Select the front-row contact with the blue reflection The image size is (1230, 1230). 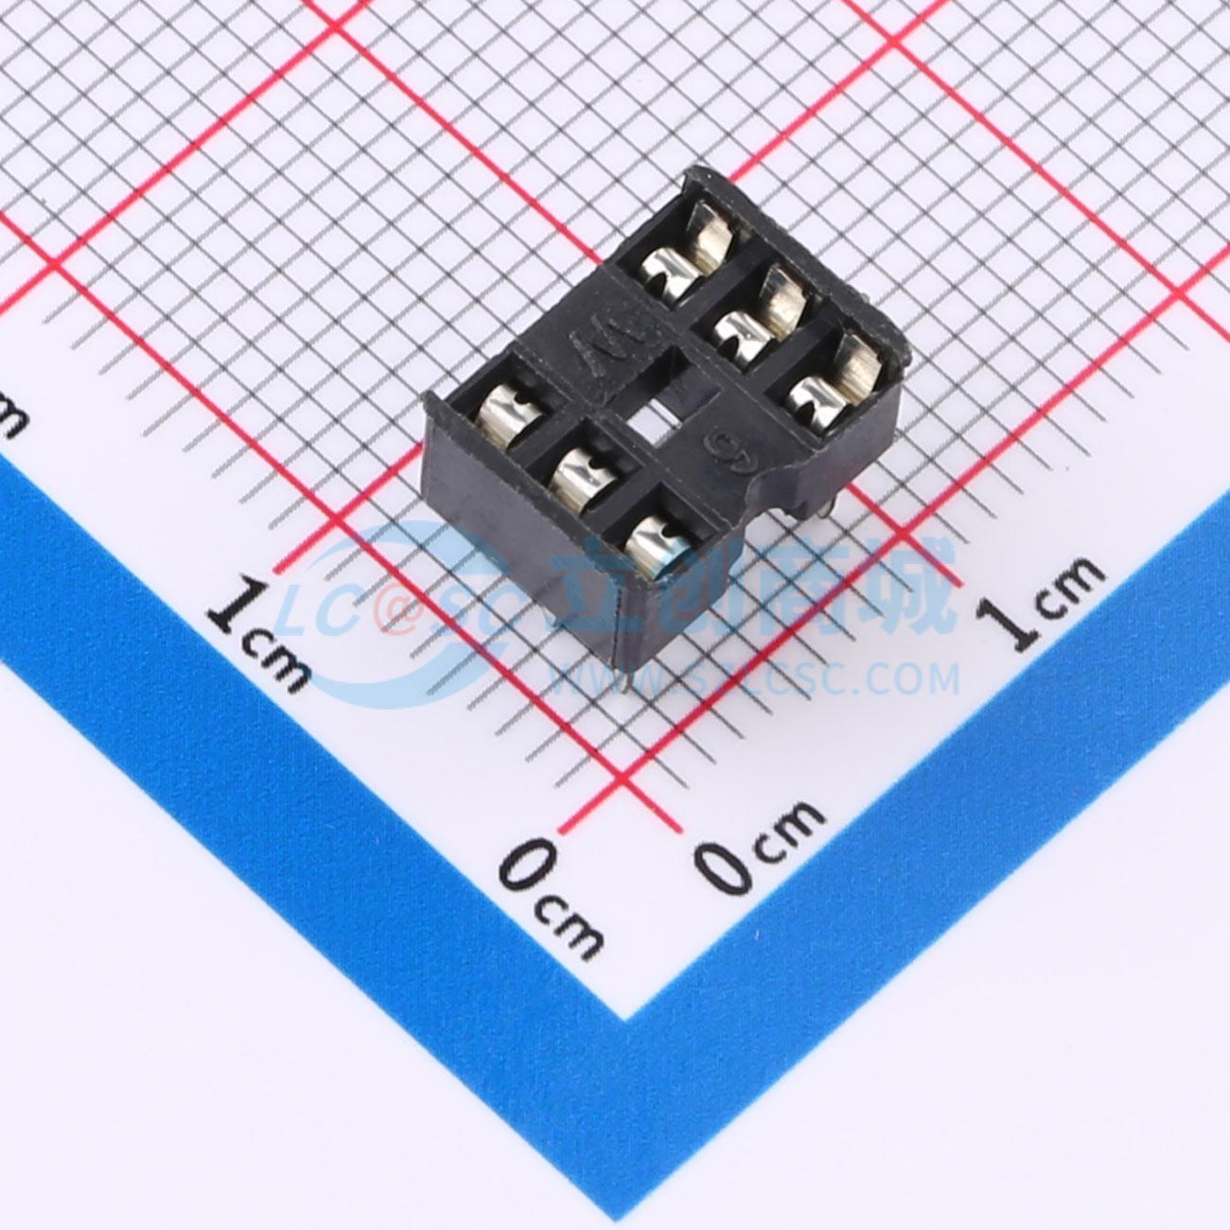tap(651, 546)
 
